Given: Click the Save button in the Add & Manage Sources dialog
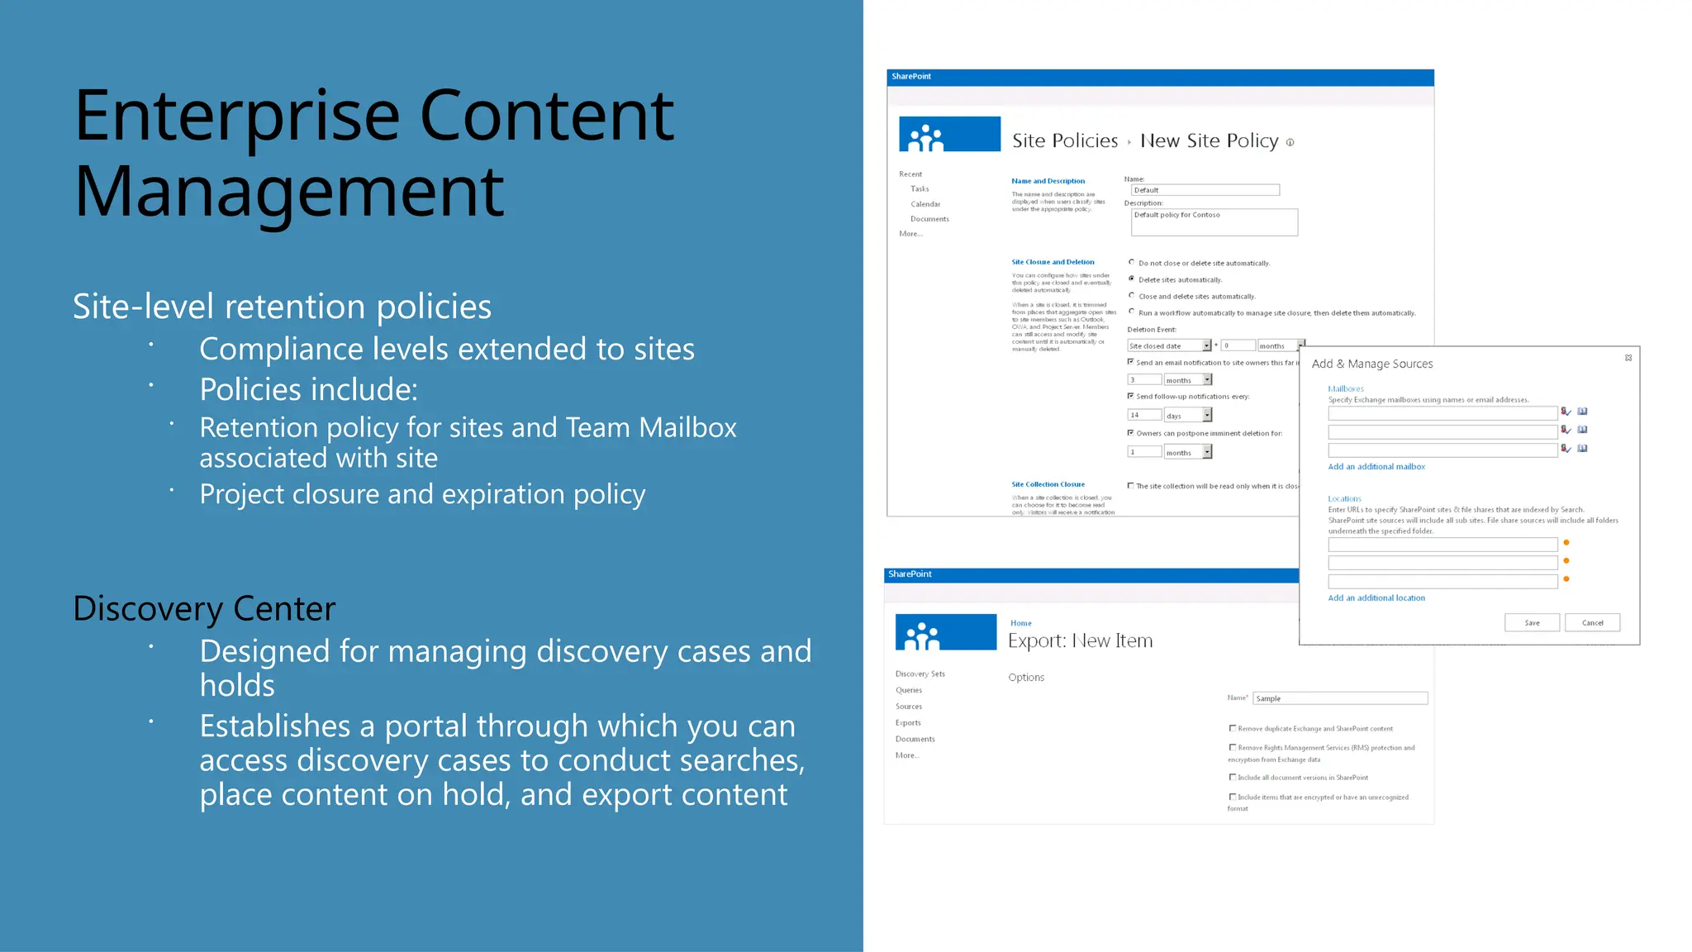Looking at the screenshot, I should (1532, 622).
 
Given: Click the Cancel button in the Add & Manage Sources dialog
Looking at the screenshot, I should (1592, 622).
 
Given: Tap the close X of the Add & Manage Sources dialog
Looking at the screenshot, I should (1628, 358).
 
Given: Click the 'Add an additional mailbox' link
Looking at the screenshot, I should (1376, 467).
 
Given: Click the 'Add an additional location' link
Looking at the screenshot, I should (1376, 597).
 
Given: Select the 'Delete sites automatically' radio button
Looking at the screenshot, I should (1132, 278).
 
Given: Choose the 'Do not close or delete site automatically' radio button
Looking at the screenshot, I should (1132, 262).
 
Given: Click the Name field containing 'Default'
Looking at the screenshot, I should (1204, 190).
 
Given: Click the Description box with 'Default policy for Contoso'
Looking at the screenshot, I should (1214, 221).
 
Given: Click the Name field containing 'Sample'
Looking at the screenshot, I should (1339, 698).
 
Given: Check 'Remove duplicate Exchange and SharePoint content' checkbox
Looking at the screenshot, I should (1233, 728).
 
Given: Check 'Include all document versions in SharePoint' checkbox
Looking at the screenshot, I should (1233, 777).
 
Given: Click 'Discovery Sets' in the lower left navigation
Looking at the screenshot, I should (920, 674).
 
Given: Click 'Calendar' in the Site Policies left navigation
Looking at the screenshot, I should (925, 204).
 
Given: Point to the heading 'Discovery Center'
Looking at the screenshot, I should (204, 609).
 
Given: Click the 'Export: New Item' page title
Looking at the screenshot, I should (1080, 640).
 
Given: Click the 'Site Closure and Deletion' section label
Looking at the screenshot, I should (1053, 262).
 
